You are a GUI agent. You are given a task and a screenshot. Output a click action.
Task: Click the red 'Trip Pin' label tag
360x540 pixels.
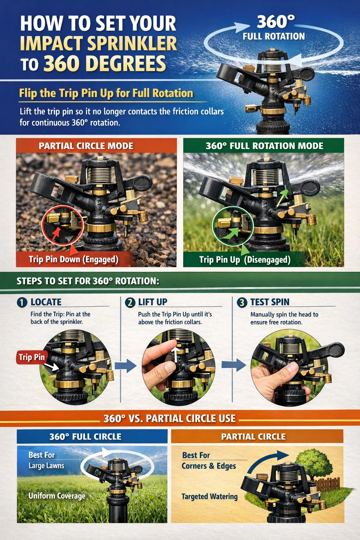[x=32, y=357]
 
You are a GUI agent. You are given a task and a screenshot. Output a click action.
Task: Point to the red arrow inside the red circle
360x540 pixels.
[x=56, y=233]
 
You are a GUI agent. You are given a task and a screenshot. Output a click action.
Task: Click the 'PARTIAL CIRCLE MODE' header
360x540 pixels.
[x=86, y=146]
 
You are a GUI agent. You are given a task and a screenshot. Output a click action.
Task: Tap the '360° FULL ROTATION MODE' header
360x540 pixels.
[x=264, y=146]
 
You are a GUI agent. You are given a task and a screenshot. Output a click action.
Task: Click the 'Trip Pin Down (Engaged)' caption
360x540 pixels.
[x=73, y=260]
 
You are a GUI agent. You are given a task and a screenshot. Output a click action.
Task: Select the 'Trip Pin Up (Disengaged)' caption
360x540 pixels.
[x=245, y=260]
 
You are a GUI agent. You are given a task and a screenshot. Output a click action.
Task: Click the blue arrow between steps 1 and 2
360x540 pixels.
[x=126, y=366]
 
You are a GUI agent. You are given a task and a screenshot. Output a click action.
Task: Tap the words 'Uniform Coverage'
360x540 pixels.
[x=57, y=496]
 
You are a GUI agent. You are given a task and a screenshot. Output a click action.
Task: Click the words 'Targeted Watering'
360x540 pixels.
[x=210, y=497]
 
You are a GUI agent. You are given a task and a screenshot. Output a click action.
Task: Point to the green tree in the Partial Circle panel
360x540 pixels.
[x=313, y=464]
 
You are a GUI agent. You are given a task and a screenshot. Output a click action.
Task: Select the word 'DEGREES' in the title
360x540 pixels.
[x=126, y=64]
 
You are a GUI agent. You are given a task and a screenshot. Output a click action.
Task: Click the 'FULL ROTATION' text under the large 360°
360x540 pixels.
[x=274, y=37]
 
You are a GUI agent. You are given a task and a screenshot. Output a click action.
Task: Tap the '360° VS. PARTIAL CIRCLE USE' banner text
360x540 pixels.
[x=169, y=418]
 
